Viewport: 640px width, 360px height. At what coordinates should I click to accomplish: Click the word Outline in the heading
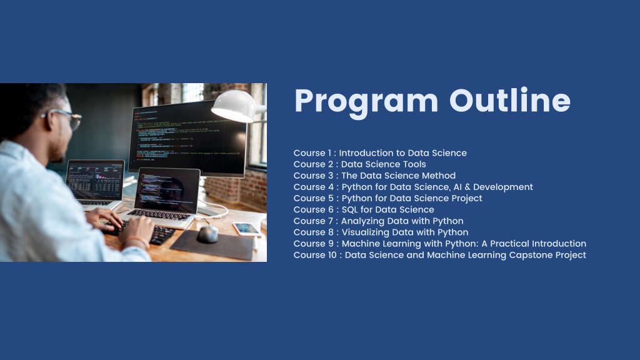pyautogui.click(x=510, y=101)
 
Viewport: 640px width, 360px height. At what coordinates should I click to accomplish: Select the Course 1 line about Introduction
pyautogui.click(x=380, y=153)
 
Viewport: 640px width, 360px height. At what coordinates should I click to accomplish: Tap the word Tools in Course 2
pyautogui.click(x=414, y=164)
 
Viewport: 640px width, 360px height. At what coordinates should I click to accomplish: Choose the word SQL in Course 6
pyautogui.click(x=349, y=210)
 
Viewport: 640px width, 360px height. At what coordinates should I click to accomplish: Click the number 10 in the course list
pyautogui.click(x=332, y=255)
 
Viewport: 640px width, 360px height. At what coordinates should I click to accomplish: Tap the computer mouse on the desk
pyautogui.click(x=207, y=234)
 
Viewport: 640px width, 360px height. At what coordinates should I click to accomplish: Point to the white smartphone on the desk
pyautogui.click(x=247, y=229)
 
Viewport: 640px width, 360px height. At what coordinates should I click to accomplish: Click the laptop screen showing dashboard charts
pyautogui.click(x=96, y=179)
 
